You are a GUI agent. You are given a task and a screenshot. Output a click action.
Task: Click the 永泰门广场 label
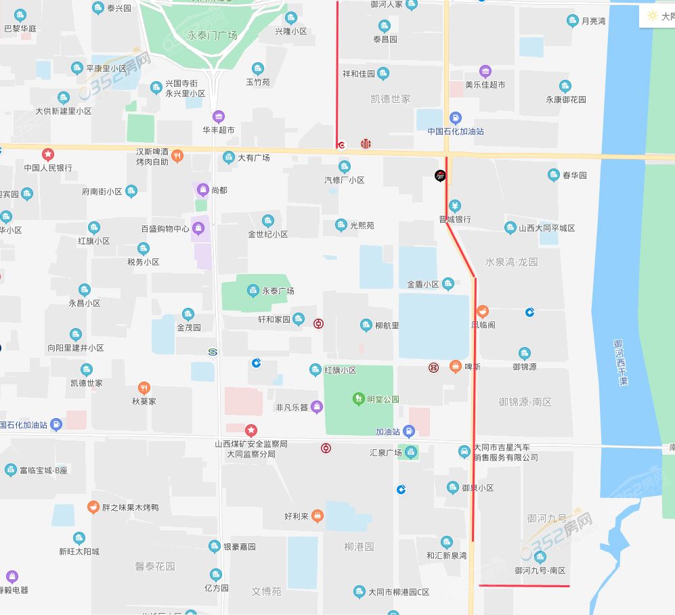[x=212, y=35]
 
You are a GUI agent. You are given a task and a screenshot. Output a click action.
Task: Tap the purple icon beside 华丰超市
[x=218, y=116]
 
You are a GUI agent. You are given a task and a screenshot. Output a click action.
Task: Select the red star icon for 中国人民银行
[x=48, y=154]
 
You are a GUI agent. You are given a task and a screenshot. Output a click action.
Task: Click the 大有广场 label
[x=253, y=158]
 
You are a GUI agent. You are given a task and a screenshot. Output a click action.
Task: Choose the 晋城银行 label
[x=455, y=219]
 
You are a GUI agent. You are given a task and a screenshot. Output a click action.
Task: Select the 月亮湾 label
[x=594, y=22]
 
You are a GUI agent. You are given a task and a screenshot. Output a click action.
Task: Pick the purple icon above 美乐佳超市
[x=485, y=72]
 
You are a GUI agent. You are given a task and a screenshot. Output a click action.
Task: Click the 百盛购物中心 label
[x=165, y=229]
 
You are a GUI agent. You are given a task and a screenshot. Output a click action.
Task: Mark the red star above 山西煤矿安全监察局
[x=251, y=430]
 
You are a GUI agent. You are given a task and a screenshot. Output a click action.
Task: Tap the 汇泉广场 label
[x=386, y=453]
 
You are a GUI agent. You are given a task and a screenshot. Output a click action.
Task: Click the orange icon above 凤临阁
[x=483, y=312]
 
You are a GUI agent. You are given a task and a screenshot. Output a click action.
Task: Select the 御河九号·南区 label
[x=540, y=571]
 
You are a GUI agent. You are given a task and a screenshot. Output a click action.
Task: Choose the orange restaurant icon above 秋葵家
[x=144, y=388]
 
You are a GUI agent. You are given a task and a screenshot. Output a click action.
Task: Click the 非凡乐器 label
[x=292, y=407]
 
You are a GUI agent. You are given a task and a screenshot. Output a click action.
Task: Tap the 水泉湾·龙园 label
[x=511, y=262]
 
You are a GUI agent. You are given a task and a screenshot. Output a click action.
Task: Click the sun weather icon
[x=652, y=16]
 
